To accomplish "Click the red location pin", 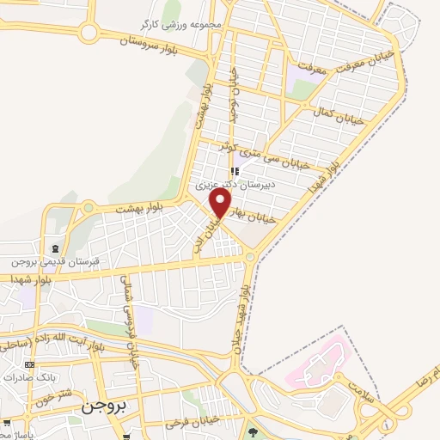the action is pos(221,202).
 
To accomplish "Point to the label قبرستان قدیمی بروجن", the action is pos(52,261).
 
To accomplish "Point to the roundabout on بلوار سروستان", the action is pos(88,33).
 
